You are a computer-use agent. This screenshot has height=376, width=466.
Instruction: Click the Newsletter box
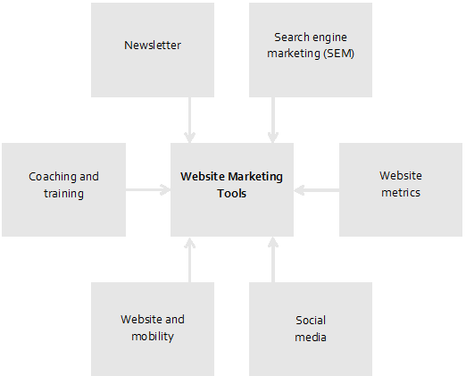(x=153, y=50)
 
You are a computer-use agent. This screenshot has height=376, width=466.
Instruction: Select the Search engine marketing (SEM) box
(x=311, y=50)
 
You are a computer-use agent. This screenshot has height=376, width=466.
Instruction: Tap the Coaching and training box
(x=63, y=189)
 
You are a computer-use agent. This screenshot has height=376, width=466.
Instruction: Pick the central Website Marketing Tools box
(x=232, y=189)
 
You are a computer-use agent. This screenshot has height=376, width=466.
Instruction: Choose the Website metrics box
(x=401, y=189)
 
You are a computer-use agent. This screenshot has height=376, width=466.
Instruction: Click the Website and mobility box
(x=153, y=329)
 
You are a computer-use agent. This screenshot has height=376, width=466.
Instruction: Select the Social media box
(x=311, y=329)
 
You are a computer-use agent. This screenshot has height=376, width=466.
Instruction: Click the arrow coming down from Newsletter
(x=189, y=120)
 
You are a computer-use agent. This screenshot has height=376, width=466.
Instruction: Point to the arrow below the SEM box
(x=273, y=120)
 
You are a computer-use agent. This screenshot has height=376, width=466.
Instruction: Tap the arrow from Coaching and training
(x=148, y=189)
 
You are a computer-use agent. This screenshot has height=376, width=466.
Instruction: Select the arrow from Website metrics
(x=316, y=190)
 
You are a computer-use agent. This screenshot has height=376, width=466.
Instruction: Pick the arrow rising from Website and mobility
(x=189, y=259)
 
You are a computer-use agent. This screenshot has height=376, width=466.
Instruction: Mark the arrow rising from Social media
(x=273, y=259)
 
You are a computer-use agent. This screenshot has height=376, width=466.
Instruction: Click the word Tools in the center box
(x=232, y=194)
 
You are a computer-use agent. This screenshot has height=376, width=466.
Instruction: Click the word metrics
(x=401, y=193)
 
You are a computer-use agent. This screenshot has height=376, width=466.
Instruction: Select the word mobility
(x=153, y=337)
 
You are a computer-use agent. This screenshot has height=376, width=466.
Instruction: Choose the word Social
(x=311, y=321)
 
